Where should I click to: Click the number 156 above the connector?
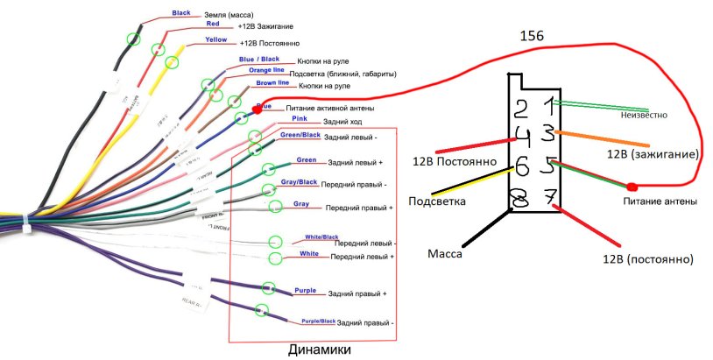pyautogui.click(x=533, y=36)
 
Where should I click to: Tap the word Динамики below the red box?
pyautogui.click(x=320, y=349)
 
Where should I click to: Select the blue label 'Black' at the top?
pyautogui.click(x=181, y=13)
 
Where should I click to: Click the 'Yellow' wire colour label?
pyautogui.click(x=215, y=39)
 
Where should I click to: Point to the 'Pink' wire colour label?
pyautogui.click(x=299, y=117)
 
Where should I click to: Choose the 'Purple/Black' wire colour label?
pyautogui.click(x=313, y=321)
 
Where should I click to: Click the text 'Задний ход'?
pyautogui.click(x=343, y=123)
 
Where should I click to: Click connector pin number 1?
pyautogui.click(x=549, y=106)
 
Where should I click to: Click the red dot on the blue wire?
pyautogui.click(x=258, y=109)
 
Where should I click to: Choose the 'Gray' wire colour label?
pyautogui.click(x=301, y=203)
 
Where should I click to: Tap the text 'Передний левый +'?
pyautogui.click(x=358, y=257)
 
